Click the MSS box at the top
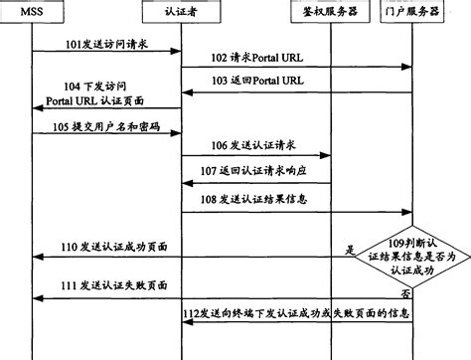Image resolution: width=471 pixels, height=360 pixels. click(x=32, y=13)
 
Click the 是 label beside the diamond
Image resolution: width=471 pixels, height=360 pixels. click(x=349, y=250)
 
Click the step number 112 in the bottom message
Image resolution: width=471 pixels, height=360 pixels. click(x=193, y=313)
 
